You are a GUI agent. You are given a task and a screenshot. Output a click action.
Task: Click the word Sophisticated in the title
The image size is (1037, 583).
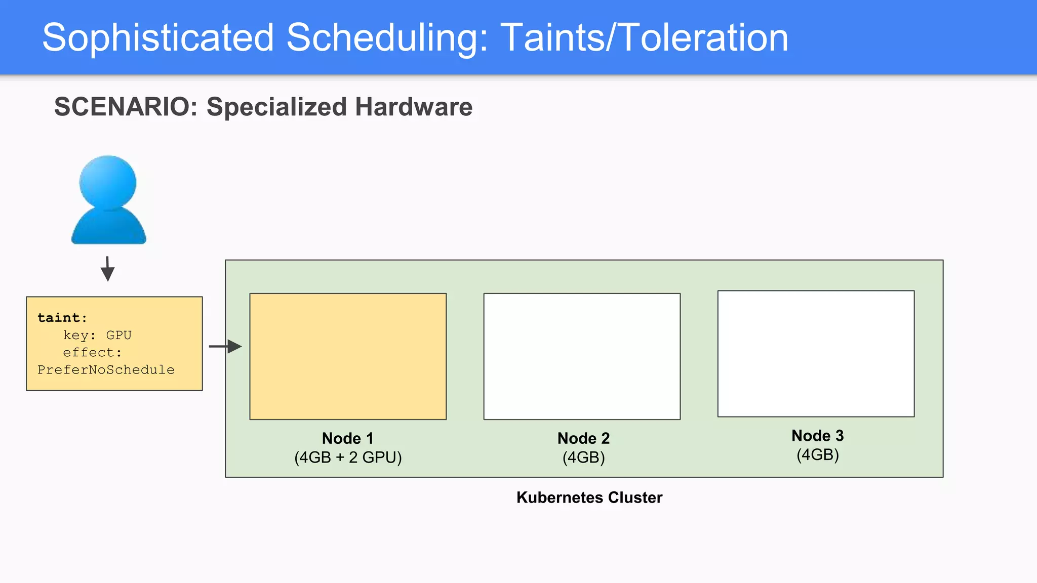point(158,38)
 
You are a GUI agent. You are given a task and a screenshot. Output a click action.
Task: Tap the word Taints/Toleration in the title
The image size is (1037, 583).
point(644,38)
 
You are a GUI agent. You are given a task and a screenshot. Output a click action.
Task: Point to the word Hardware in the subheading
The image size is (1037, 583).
point(413,107)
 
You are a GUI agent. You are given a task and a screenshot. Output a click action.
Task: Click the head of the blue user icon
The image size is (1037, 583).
point(108,181)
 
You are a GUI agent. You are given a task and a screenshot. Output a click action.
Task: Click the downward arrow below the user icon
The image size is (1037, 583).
point(107,269)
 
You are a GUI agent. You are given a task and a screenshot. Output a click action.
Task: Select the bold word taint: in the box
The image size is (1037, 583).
point(62,318)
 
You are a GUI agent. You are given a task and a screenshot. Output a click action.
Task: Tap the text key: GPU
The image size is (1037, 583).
point(97,335)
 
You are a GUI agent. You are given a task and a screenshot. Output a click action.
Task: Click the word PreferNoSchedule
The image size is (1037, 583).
point(106,370)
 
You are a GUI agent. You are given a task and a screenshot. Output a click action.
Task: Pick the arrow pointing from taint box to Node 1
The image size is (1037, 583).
point(226,347)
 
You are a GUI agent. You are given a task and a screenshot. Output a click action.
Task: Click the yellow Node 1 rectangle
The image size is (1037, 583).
point(348,356)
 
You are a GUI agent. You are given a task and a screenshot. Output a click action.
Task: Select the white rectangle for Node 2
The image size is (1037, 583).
point(582,356)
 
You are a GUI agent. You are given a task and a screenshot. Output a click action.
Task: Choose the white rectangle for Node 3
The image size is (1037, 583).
point(816,354)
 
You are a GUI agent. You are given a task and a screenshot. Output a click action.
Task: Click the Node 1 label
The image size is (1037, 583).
point(347,438)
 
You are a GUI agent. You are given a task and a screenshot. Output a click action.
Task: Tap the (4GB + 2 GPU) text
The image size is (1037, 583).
point(348,457)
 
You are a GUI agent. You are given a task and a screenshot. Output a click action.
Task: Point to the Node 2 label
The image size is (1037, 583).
point(583,438)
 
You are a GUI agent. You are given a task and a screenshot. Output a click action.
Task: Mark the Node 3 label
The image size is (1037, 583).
point(817,436)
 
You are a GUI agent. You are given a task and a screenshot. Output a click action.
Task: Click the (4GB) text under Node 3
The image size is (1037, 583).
point(817,455)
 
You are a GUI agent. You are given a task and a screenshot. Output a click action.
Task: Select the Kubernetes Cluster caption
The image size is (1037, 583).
point(589,497)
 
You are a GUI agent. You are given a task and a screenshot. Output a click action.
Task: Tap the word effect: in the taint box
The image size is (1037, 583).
point(92,352)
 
